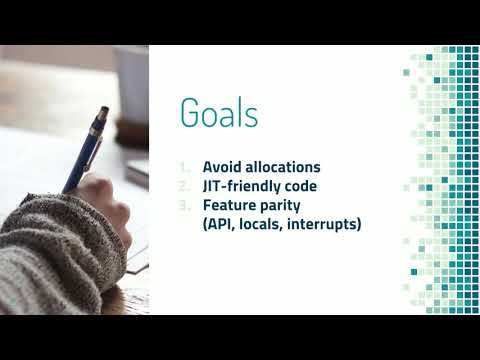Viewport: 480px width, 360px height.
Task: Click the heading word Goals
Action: (219, 112)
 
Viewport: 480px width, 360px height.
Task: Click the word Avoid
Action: (222, 167)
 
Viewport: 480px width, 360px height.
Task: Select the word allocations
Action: (283, 167)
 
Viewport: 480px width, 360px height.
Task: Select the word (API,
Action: (219, 224)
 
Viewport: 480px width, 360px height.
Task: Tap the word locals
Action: (262, 224)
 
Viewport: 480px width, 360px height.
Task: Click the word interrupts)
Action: (324, 224)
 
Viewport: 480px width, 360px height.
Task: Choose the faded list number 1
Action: (184, 167)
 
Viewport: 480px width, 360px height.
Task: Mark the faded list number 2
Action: (184, 186)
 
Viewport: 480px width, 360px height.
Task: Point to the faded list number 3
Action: (184, 205)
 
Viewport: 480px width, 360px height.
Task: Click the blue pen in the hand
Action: (86, 149)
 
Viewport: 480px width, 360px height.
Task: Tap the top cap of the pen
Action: (104, 111)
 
